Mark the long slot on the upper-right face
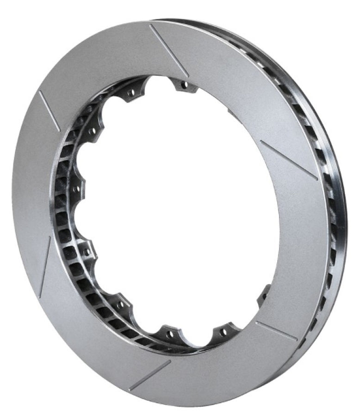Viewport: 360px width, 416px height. (x=288, y=159)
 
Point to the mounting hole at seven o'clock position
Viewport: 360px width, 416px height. (x=122, y=305)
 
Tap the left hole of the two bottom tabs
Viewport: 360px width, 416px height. (x=170, y=333)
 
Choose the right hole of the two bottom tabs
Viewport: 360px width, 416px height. (x=224, y=332)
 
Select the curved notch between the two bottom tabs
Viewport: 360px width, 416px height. (x=197, y=340)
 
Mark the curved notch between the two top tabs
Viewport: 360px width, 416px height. (x=157, y=83)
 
